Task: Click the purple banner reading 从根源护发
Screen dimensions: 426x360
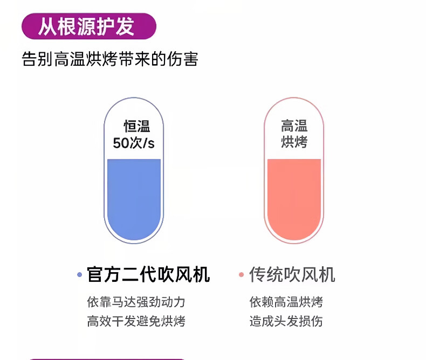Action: point(89,26)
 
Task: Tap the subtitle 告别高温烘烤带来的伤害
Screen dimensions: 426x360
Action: point(110,59)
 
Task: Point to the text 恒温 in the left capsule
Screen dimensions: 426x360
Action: point(137,126)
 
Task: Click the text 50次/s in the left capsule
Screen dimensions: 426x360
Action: point(134,143)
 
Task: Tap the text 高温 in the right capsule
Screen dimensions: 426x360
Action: point(294,126)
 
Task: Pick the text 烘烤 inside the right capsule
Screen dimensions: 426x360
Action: point(294,142)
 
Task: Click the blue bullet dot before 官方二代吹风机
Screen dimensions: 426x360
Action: point(80,275)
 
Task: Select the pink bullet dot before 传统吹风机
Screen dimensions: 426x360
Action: point(241,275)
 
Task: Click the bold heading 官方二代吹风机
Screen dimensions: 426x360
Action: point(148,274)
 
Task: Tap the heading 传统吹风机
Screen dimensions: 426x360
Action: point(292,274)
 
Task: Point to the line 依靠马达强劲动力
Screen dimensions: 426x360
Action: point(136,302)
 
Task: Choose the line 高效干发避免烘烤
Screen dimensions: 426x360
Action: point(136,321)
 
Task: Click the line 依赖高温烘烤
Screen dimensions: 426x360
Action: point(286,302)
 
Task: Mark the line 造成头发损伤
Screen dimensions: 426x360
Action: point(286,321)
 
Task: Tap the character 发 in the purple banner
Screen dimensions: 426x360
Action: point(125,26)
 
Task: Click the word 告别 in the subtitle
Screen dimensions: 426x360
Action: point(37,59)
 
